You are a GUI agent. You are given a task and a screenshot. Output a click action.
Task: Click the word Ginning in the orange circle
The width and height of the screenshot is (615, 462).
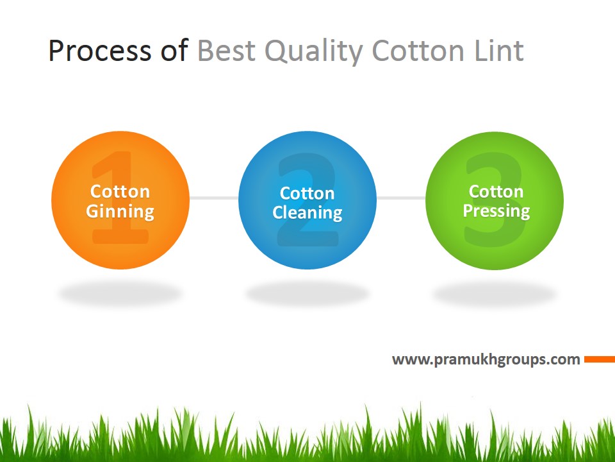[120, 212]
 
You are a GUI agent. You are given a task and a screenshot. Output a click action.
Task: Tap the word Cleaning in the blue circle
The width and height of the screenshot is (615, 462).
[307, 213]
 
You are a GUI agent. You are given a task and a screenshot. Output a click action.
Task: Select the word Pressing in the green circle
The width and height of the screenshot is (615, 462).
[496, 211]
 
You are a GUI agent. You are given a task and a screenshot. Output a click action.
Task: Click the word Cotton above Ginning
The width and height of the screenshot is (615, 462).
[120, 191]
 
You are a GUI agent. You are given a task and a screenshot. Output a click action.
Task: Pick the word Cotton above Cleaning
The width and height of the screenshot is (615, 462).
[307, 193]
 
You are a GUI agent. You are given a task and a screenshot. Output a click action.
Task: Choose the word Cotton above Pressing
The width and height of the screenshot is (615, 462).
[496, 191]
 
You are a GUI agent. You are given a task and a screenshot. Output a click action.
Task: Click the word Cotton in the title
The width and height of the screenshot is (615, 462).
[419, 51]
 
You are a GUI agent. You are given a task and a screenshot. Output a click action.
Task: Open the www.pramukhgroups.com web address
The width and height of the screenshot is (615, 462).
[486, 359]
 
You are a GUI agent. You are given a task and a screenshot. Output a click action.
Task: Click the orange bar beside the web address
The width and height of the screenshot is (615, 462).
[600, 359]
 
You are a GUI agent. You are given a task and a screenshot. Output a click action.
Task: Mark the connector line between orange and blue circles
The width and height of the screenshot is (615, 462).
[214, 198]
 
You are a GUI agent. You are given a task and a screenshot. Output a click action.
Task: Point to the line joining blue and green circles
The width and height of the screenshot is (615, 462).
[401, 198]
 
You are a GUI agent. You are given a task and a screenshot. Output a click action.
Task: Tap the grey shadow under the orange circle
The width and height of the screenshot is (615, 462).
[120, 295]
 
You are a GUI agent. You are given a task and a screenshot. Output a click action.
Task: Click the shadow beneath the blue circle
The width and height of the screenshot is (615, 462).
[307, 295]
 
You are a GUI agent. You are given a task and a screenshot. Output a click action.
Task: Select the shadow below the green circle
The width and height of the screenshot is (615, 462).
[495, 295]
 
